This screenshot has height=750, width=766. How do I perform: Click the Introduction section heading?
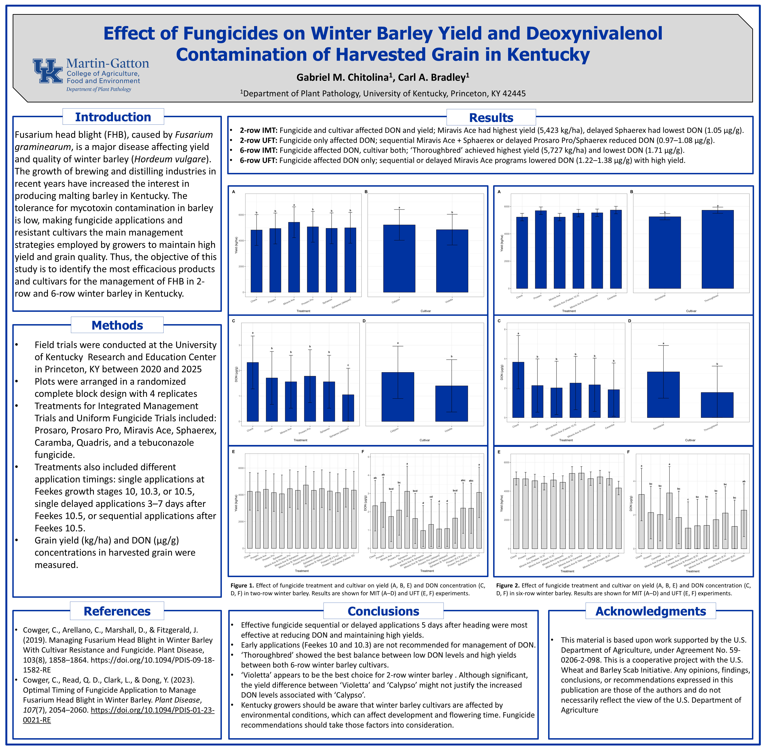[113, 117]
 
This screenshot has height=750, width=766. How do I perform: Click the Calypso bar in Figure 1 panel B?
[399, 258]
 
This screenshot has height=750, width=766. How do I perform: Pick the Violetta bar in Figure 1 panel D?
[452, 403]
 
